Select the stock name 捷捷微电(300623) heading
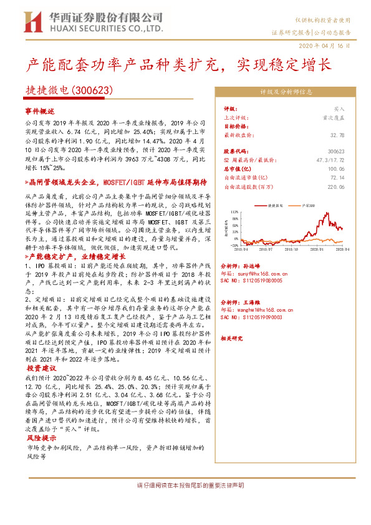69,90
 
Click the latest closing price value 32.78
337,134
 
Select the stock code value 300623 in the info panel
335,152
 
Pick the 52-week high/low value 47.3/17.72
330,160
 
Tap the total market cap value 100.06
335,169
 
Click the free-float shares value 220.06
335,186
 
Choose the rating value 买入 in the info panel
339,108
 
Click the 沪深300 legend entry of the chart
308,205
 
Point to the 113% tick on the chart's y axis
234,212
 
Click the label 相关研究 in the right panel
231,338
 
